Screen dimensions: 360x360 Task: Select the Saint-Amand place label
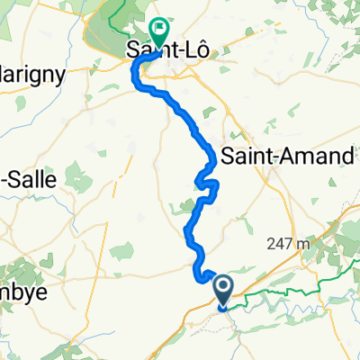287,156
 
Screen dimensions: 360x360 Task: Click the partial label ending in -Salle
27,178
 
